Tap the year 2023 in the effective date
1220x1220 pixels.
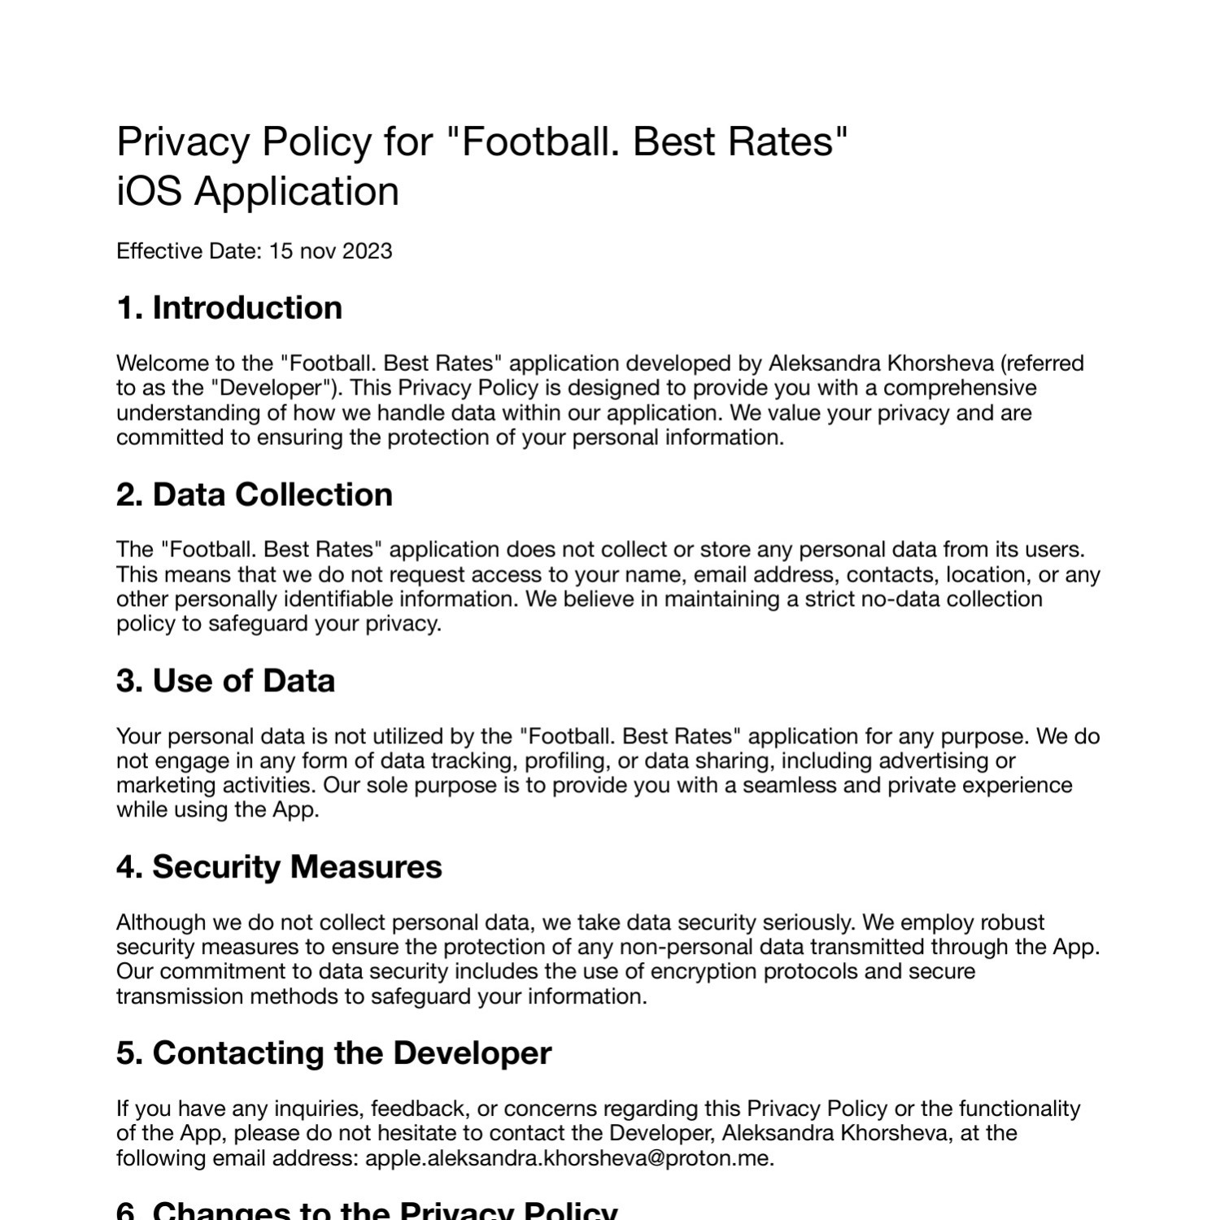[x=367, y=251]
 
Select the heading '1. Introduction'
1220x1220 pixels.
[x=229, y=308]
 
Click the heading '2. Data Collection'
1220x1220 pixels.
[x=255, y=495]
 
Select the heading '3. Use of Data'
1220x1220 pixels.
[x=225, y=682]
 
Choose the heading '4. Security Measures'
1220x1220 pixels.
[x=279, y=867]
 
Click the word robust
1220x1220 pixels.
[x=1013, y=923]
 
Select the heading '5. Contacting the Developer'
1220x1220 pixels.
[x=333, y=1053]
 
